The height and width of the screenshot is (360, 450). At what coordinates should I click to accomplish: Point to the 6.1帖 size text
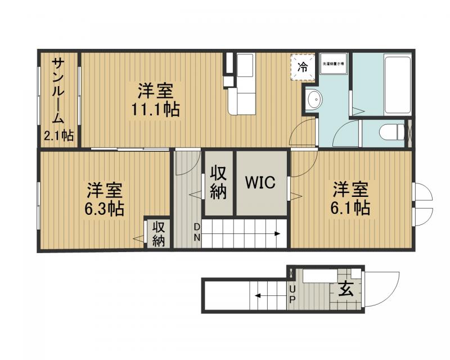click(x=350, y=207)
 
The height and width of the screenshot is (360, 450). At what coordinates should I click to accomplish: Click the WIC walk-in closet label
click(x=259, y=183)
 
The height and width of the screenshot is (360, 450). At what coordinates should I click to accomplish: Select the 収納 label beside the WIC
click(x=218, y=183)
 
